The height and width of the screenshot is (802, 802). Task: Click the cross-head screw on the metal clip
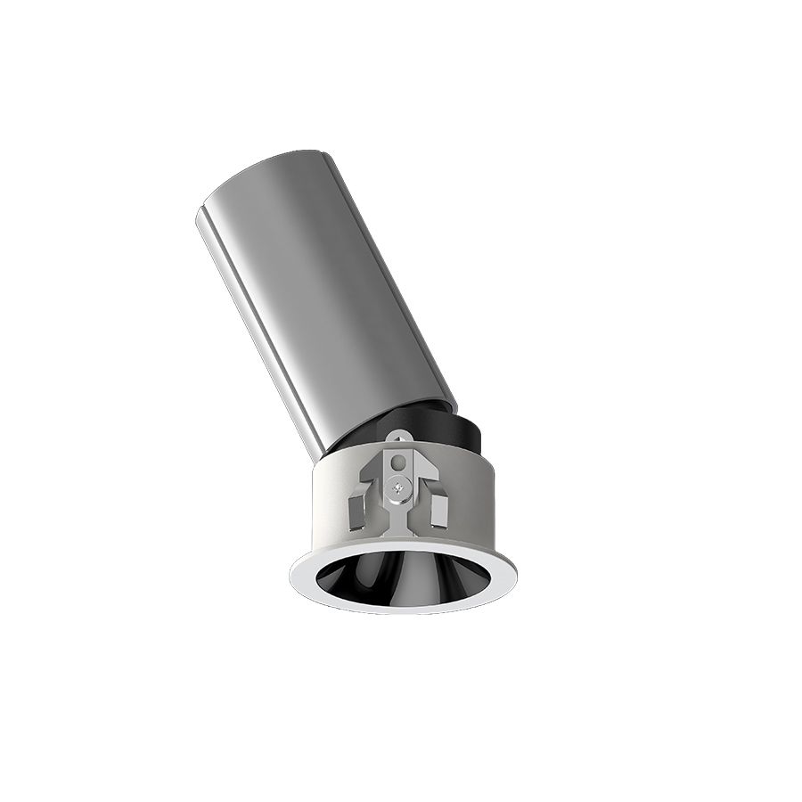point(398,486)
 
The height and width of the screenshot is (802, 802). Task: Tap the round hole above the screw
point(398,463)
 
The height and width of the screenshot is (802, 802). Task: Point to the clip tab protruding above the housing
point(398,438)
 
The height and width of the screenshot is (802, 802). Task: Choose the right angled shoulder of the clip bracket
point(421,486)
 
